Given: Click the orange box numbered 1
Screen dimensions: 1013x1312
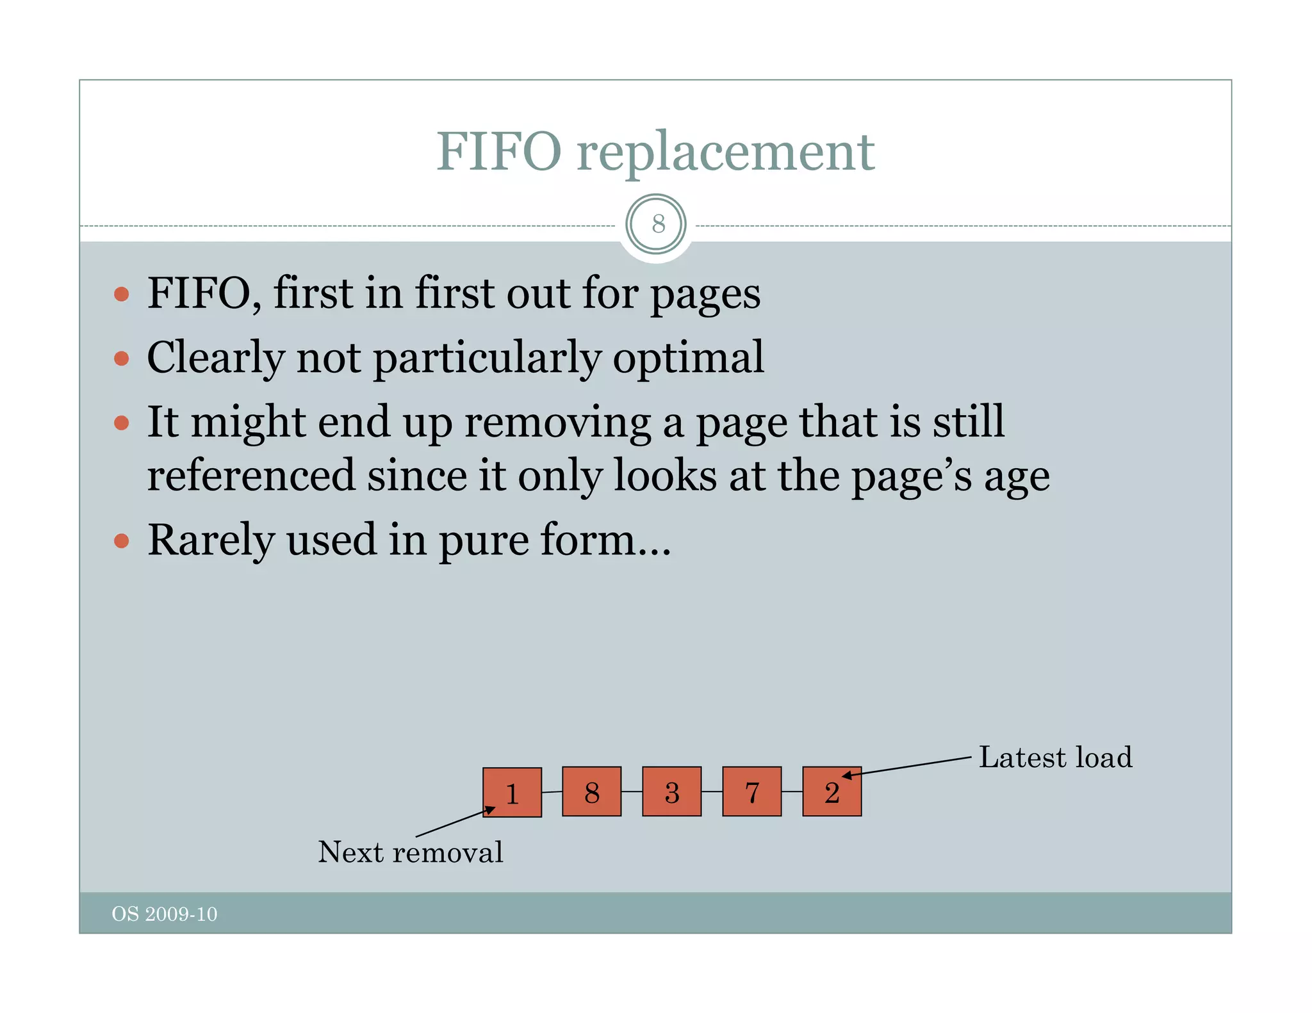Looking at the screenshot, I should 512,792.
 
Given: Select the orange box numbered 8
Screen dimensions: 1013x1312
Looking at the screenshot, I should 591,791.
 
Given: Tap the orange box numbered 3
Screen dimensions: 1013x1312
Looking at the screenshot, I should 671,791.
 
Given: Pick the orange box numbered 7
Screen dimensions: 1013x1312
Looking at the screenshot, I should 751,791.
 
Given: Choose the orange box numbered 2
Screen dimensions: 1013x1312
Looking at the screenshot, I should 832,791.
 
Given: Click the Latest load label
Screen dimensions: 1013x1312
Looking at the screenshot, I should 1055,758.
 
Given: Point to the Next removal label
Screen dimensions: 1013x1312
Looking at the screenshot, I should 411,852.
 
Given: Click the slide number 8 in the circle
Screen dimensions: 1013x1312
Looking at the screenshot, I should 658,224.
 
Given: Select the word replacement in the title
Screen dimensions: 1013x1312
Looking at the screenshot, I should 725,154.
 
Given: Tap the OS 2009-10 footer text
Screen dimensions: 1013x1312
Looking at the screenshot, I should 165,914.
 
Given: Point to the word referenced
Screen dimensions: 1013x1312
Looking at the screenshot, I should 250,476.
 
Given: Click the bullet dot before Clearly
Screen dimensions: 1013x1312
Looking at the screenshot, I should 121,358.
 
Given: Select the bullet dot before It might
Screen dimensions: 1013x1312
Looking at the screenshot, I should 121,423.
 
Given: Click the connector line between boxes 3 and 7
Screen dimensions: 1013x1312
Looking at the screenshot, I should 712,791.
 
